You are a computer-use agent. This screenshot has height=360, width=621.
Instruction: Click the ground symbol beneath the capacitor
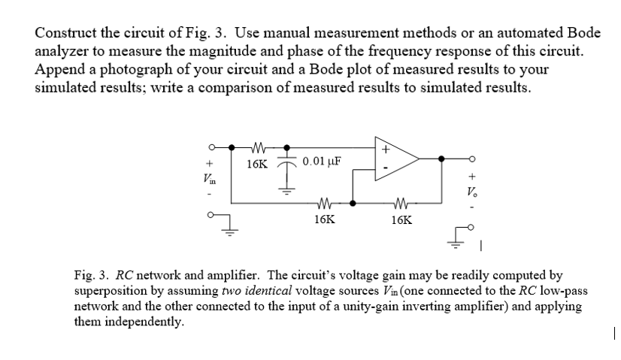(284, 190)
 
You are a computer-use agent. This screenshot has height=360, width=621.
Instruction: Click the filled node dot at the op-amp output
(441, 159)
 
